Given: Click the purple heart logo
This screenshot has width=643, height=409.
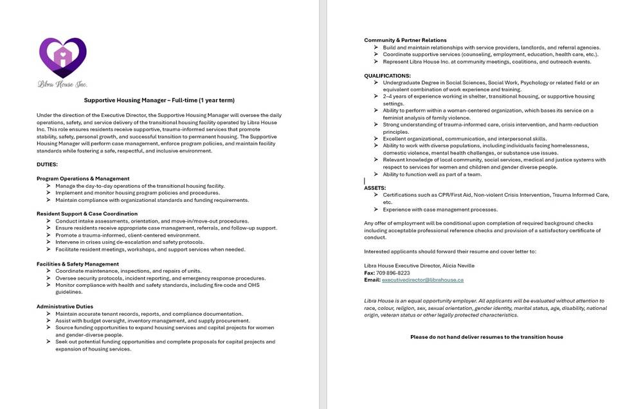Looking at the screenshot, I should click(62, 57).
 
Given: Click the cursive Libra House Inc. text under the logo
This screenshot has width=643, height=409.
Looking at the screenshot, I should click(62, 84).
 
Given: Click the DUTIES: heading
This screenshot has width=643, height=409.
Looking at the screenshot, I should click(47, 165).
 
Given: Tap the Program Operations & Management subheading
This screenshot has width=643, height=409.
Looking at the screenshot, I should click(83, 178).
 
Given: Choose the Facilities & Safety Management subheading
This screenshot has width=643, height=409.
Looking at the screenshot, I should click(78, 264).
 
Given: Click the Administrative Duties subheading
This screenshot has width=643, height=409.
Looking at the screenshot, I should click(65, 306).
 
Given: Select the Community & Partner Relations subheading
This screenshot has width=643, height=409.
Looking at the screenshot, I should click(405, 40).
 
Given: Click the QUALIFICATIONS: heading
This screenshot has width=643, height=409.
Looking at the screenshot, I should click(387, 76).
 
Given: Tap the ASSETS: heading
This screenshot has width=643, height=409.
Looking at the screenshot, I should click(375, 188).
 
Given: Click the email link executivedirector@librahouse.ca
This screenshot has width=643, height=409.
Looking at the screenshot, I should click(422, 280).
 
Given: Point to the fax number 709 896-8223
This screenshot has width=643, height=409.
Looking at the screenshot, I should click(393, 273).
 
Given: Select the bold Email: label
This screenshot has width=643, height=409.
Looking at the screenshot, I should click(372, 280).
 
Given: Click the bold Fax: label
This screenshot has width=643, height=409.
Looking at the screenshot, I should click(370, 273).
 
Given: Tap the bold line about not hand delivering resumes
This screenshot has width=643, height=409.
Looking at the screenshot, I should click(486, 336).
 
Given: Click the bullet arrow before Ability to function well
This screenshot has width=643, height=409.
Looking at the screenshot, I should click(376, 174).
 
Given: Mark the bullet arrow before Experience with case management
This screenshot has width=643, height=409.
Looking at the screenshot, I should click(376, 209).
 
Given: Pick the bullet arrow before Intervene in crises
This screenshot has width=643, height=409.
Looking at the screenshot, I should click(49, 242).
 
